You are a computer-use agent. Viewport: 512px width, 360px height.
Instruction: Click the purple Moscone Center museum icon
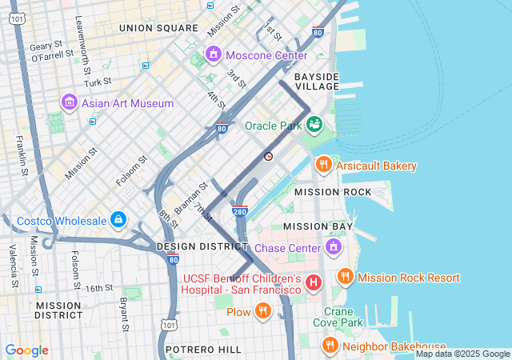coord(214,55)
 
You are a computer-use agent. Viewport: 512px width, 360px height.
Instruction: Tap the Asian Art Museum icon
coord(70,103)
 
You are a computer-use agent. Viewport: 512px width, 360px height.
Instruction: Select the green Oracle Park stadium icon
coord(314,124)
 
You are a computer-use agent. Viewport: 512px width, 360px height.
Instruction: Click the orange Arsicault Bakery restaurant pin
coord(324,165)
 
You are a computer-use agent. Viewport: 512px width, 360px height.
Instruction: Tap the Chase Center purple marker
coord(334,247)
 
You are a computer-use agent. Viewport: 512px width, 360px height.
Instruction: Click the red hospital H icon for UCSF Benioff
coord(314,282)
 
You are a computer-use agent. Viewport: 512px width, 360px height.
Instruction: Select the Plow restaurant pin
coord(262,311)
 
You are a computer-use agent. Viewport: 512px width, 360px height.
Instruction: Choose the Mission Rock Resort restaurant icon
coord(345,277)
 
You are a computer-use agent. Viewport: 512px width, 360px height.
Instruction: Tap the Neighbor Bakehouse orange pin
coord(330,346)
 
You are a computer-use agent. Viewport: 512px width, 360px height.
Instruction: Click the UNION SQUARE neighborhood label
coord(158,28)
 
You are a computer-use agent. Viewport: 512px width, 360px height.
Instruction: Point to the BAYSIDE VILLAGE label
coord(316,82)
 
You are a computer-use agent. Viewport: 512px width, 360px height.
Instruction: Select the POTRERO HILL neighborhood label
coord(203,350)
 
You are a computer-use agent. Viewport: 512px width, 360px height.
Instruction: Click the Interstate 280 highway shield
coord(239,212)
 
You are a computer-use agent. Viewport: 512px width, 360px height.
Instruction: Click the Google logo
coord(26,350)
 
